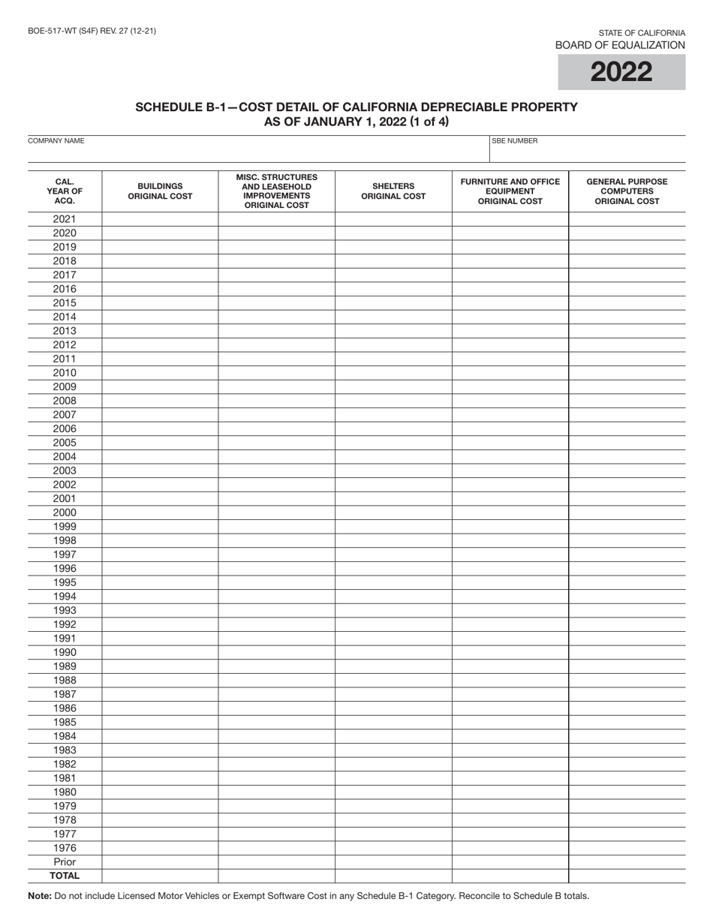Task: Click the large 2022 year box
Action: pyautogui.click(x=621, y=72)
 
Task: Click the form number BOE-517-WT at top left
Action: pyautogui.click(x=92, y=31)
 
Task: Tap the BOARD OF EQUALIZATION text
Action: pyautogui.click(x=619, y=45)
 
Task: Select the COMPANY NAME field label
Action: pyautogui.click(x=56, y=141)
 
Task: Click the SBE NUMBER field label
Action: pyautogui.click(x=515, y=141)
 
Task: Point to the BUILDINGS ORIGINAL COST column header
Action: pyautogui.click(x=160, y=191)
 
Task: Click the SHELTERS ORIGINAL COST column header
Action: pyautogui.click(x=393, y=191)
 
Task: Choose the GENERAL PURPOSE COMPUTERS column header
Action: pyautogui.click(x=627, y=191)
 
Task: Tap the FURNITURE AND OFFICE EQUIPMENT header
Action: pyautogui.click(x=510, y=191)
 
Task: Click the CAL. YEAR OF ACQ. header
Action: pyautogui.click(x=65, y=191)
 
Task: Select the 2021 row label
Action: pyautogui.click(x=65, y=219)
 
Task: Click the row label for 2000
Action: pyautogui.click(x=65, y=513)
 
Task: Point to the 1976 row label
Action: pyautogui.click(x=65, y=848)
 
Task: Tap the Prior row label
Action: pyautogui.click(x=65, y=862)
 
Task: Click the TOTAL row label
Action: pyautogui.click(x=65, y=876)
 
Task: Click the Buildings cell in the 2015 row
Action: pyautogui.click(x=160, y=303)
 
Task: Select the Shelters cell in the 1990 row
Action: pyautogui.click(x=393, y=652)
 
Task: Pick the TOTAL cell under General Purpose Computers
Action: pyautogui.click(x=627, y=876)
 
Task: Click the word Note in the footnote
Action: pyautogui.click(x=40, y=895)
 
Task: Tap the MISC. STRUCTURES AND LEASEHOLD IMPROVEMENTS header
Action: pyautogui.click(x=276, y=191)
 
